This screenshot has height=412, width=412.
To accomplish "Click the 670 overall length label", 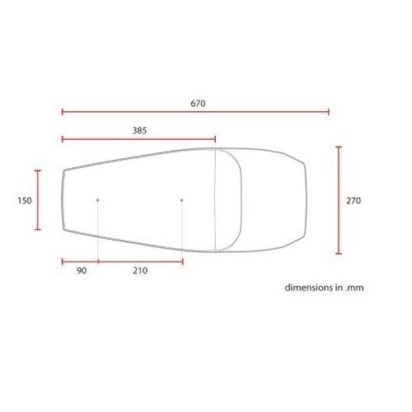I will click(197, 104).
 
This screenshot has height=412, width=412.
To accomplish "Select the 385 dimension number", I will click(139, 130).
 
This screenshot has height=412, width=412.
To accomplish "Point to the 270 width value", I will click(353, 200).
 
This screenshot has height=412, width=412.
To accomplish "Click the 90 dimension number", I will click(81, 271).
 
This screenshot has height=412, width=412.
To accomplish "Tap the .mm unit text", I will click(354, 288).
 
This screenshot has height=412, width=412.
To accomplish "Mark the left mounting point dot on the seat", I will click(98, 200).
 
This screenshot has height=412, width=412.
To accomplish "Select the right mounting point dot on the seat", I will click(182, 200).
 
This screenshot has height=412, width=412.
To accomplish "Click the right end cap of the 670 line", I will click(329, 112).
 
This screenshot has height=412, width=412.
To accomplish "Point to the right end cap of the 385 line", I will click(216, 138).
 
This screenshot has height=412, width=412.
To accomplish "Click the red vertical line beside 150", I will click(38, 200).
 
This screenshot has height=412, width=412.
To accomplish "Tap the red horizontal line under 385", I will click(138, 139).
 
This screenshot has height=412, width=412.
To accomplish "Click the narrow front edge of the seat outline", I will click(63, 200).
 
